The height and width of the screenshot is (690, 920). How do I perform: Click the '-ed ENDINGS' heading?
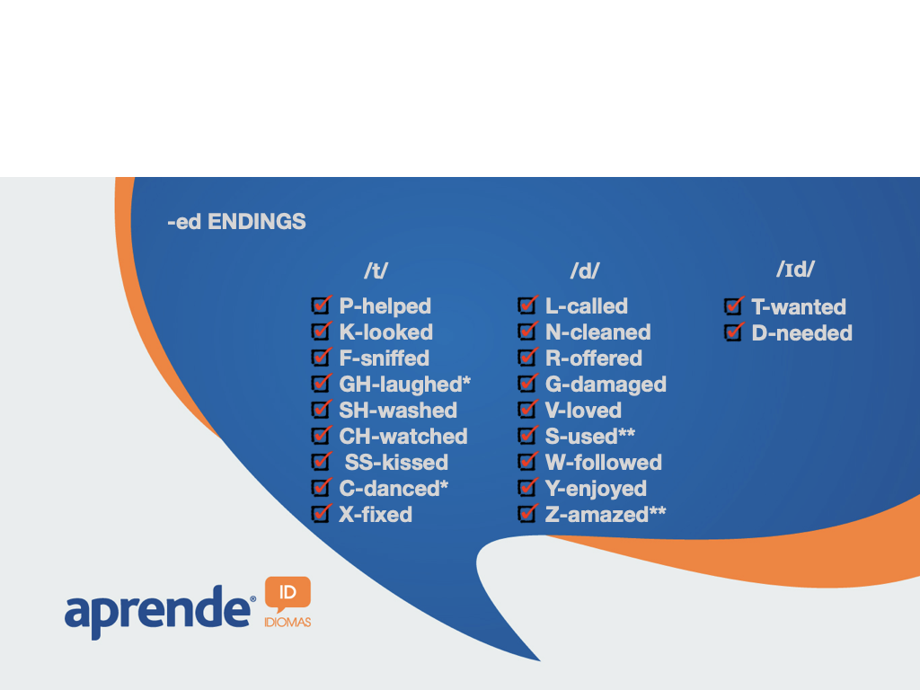pyautogui.click(x=236, y=222)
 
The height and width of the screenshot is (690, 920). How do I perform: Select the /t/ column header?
pyautogui.click(x=376, y=270)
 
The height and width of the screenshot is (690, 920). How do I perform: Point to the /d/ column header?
pyautogui.click(x=585, y=270)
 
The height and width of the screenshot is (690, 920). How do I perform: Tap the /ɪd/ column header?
pyautogui.click(x=796, y=270)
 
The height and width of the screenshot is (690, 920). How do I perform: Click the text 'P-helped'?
pyautogui.click(x=385, y=306)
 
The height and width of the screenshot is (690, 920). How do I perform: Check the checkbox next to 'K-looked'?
pyautogui.click(x=322, y=332)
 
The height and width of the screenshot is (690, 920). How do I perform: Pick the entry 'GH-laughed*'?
pyautogui.click(x=405, y=385)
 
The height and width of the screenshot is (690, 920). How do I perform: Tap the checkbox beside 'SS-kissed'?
pyautogui.click(x=322, y=462)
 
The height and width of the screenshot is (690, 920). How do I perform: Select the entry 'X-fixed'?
pyautogui.click(x=376, y=515)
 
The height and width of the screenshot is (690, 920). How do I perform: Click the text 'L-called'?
pyautogui.click(x=587, y=306)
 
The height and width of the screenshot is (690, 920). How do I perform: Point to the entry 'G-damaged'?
pyautogui.click(x=606, y=385)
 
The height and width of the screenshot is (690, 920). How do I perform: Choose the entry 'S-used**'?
pyautogui.click(x=590, y=436)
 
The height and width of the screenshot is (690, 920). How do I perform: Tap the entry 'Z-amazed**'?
pyautogui.click(x=606, y=515)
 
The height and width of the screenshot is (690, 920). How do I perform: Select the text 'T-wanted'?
pyautogui.click(x=799, y=307)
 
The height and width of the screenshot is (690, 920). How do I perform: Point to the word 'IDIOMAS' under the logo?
pyautogui.click(x=287, y=622)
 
